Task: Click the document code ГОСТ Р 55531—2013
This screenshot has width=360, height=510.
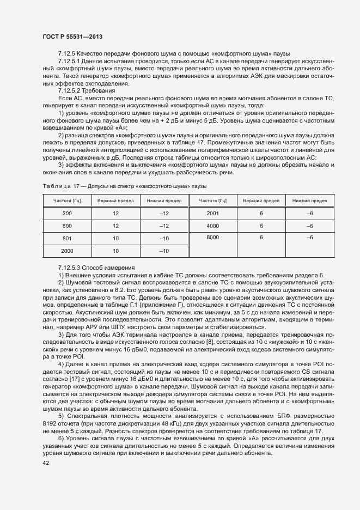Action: pyautogui.click(x=72, y=37)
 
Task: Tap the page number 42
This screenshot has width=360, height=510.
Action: pyautogui.click(x=46, y=463)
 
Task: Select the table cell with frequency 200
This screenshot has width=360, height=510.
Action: pyautogui.click(x=67, y=213)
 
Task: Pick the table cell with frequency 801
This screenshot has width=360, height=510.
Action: pyautogui.click(x=67, y=238)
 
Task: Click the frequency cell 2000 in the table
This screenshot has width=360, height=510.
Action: pyautogui.click(x=67, y=251)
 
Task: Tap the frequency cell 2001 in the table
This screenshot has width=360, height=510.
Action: pyautogui.click(x=213, y=213)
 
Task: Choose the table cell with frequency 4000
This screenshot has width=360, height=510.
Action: pyautogui.click(x=213, y=226)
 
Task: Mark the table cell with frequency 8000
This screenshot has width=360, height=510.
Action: pyautogui.click(x=213, y=238)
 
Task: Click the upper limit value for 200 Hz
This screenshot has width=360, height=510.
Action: pyautogui.click(x=115, y=213)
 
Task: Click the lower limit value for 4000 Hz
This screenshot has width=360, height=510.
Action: pyautogui.click(x=310, y=226)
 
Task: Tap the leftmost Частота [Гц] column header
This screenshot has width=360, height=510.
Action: pyautogui.click(x=67, y=201)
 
